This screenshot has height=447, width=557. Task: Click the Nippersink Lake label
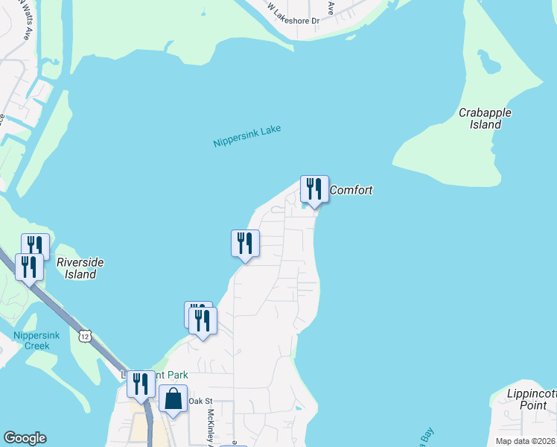(x=246, y=136)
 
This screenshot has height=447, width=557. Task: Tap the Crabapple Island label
(x=485, y=118)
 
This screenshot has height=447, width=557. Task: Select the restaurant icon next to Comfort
(x=314, y=189)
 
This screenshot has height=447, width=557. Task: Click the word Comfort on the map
(x=351, y=190)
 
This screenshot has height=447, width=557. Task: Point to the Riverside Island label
(x=80, y=268)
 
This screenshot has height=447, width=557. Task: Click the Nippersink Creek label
(x=31, y=340)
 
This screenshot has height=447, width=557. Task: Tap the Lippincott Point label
(x=526, y=399)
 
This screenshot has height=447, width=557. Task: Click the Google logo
(x=25, y=438)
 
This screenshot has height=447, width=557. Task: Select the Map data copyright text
(x=525, y=440)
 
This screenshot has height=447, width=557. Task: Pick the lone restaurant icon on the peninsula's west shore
(x=244, y=243)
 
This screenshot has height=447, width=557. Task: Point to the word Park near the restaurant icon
(x=173, y=375)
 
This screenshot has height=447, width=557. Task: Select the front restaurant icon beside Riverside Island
(x=29, y=267)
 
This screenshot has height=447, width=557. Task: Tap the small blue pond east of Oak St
(x=299, y=408)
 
